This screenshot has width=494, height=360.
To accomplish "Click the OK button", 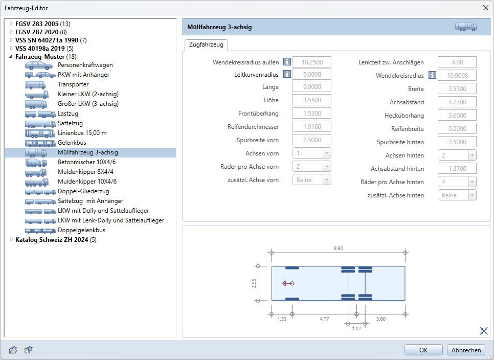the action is point(423,350).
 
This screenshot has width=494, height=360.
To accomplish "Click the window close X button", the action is point(485,8).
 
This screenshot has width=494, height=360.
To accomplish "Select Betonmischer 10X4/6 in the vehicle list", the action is point(86,162).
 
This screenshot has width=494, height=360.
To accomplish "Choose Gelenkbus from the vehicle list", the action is point(72,142).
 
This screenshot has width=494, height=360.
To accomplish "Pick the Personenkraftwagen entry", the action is point(85,65).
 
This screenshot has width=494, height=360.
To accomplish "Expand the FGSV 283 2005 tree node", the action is point(11,24).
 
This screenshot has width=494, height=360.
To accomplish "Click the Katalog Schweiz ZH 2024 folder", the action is point(52,240).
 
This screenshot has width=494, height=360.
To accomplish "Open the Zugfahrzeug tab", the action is point(206,44).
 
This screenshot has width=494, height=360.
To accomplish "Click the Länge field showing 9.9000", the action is point(312,86).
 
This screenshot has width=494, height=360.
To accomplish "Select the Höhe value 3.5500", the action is point(312,100).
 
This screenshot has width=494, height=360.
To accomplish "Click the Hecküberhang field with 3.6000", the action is point(457,115).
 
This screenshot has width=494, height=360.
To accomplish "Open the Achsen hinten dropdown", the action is point(457,155).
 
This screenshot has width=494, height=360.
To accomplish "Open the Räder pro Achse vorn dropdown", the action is point(312,166).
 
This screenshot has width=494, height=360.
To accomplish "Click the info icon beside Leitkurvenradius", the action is point(287,74).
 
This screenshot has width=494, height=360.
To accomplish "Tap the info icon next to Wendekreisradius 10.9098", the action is point(432,75).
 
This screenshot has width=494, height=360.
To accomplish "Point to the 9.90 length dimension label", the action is point(339,248).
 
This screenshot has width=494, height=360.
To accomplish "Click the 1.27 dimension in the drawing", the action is point(356,328).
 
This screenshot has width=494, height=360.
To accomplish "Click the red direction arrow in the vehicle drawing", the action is point(288,283).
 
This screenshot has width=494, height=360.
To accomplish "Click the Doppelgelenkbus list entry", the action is point(82,230).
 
